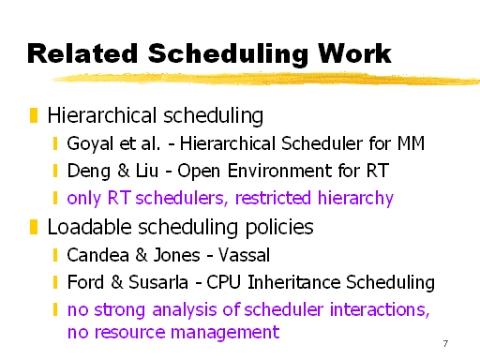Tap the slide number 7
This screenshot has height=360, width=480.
pos(442,343)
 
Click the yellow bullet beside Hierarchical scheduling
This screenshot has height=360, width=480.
pos(34,116)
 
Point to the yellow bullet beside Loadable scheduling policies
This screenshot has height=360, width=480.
pos(34,227)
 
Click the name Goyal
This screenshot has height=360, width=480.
pos(89,144)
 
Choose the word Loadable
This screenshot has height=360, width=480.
pos(83,227)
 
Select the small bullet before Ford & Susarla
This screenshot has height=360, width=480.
pos(56,282)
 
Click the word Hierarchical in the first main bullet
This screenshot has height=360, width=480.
pos(92,116)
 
